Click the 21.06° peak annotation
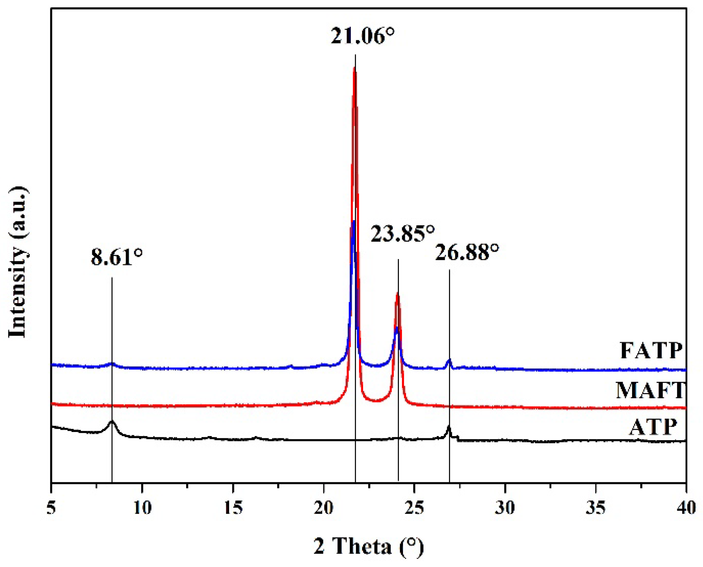point(362,36)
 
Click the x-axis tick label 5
point(51,508)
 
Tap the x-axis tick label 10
point(142,508)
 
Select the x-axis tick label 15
point(233,508)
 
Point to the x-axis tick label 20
point(324,508)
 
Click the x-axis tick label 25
point(414,508)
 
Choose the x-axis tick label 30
point(505,508)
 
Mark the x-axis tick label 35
point(596,508)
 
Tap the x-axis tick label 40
point(686,508)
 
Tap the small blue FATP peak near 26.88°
point(449,361)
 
